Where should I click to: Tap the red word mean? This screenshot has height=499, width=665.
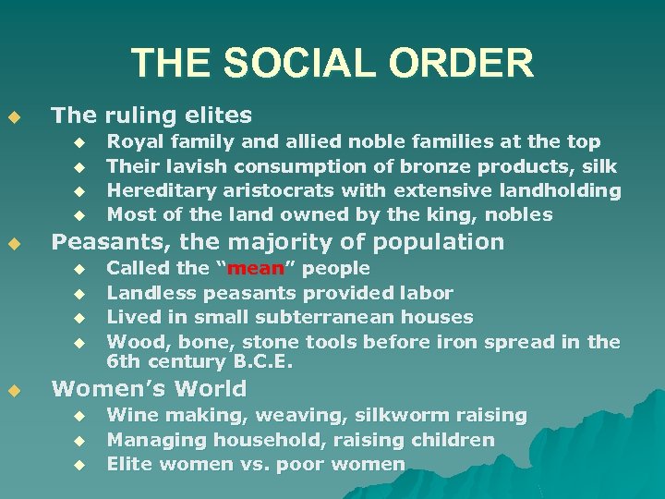(248, 269)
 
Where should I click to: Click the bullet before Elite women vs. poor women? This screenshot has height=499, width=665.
(79, 465)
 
